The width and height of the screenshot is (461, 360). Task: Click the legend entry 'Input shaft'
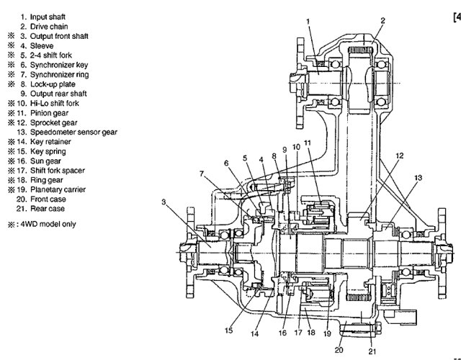coord(48,17)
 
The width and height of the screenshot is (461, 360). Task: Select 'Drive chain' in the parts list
coord(49,27)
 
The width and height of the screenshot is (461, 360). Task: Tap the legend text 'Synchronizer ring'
coord(59,75)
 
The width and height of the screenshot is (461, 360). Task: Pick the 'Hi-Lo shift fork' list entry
coord(55,104)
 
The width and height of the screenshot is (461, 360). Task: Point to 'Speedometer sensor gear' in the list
coord(73,132)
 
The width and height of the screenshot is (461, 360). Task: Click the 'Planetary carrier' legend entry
coord(58,189)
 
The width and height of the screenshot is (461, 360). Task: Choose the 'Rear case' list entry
coord(48,209)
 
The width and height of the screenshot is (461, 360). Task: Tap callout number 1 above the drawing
coord(308,22)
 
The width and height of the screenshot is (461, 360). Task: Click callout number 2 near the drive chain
coord(382,21)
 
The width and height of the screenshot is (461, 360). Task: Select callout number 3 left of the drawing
coord(164,202)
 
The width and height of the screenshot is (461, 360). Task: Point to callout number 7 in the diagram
coord(202,174)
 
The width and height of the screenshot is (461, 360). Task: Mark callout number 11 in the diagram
coord(308,143)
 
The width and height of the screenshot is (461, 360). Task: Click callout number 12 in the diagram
coord(400,156)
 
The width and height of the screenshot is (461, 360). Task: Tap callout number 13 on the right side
coord(418,178)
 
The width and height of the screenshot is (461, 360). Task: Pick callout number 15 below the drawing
coord(228,330)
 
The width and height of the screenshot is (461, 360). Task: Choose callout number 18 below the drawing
coord(311,333)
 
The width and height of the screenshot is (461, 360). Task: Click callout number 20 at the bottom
coord(339,350)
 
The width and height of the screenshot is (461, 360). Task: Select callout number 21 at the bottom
coord(372,351)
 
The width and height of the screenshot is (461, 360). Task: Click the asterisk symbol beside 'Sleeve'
coord(12,45)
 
